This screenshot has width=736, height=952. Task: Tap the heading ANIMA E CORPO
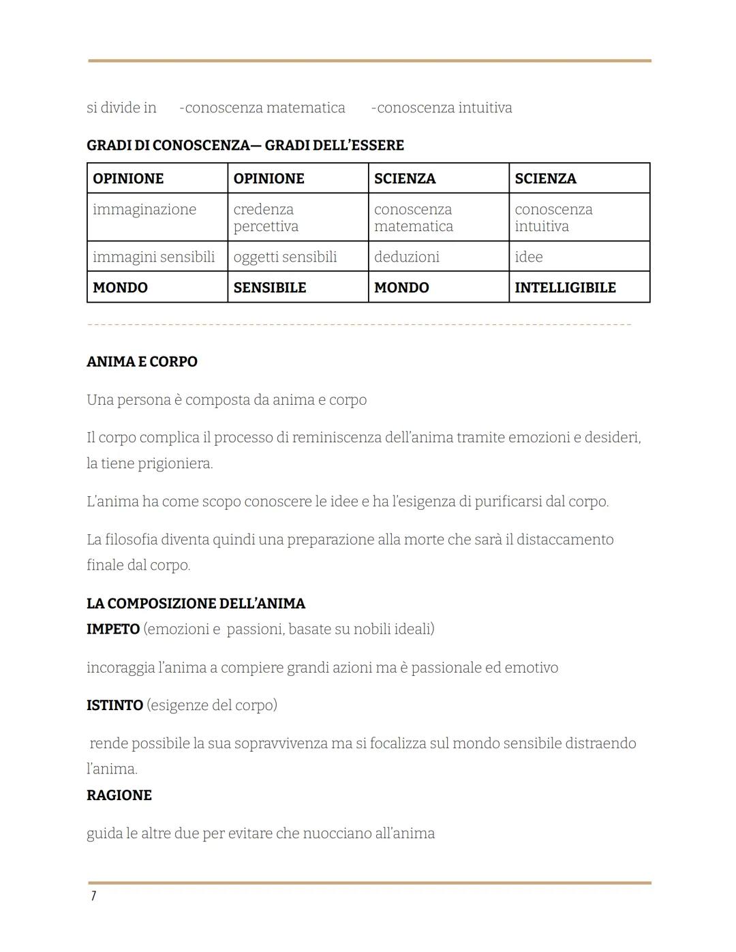click(x=142, y=362)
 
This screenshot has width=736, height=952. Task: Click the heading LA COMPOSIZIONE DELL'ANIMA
click(x=196, y=604)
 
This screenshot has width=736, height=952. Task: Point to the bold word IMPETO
click(x=113, y=629)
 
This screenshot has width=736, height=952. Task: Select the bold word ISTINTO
click(x=114, y=705)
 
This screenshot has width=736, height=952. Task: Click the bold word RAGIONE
click(x=119, y=795)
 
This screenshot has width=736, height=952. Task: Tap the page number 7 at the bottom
click(x=93, y=896)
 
